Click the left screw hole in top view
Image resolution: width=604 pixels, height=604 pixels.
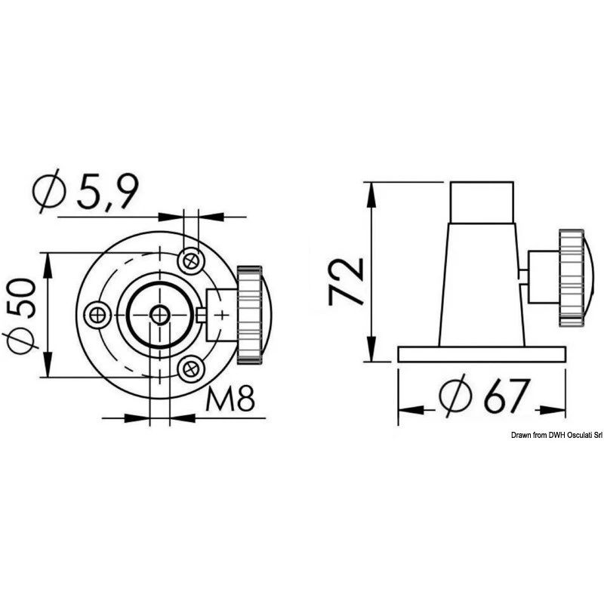[97, 314]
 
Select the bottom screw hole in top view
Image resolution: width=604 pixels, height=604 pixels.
[190, 368]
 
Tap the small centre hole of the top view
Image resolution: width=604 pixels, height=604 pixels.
[159, 315]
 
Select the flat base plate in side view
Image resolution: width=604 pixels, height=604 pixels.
[482, 353]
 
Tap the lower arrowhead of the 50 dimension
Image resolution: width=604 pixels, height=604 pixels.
[46, 368]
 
